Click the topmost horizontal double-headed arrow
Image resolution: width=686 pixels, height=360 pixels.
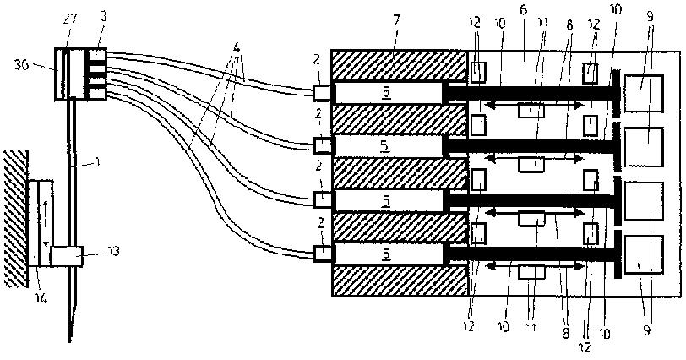(x=532, y=104)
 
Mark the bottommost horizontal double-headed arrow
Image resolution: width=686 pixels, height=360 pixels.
(x=532, y=267)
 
